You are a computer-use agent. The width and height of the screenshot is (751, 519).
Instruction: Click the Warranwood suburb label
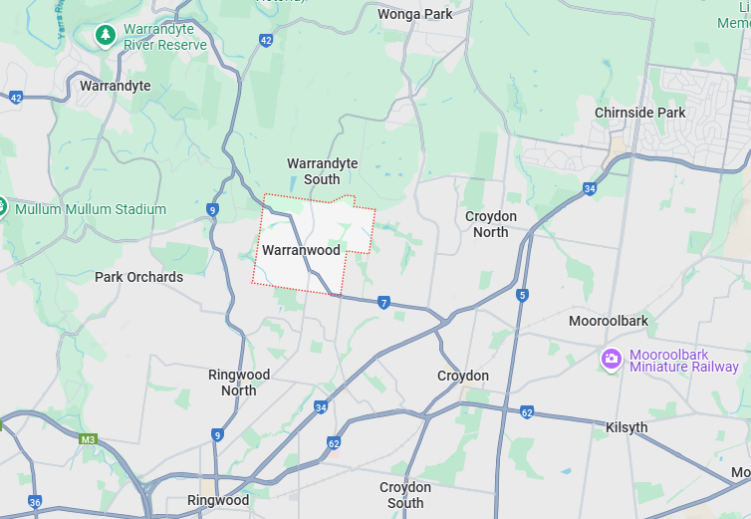coord(301,250)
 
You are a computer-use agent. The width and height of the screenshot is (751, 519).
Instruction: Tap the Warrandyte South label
coord(322,171)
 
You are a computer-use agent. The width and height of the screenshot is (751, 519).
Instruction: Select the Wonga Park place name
coord(415,14)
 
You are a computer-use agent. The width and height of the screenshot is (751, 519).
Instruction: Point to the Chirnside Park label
coord(640,113)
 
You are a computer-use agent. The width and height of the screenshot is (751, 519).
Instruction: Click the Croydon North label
coord(491,224)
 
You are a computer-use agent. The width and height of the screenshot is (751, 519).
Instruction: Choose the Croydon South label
coord(405,495)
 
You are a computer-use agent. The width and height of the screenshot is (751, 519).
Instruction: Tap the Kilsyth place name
coord(626,427)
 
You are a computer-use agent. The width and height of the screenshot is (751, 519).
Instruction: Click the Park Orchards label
coord(138,277)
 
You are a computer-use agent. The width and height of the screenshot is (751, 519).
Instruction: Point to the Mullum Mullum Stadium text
coord(90,209)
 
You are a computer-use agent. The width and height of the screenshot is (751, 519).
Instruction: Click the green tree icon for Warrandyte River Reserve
coord(105,36)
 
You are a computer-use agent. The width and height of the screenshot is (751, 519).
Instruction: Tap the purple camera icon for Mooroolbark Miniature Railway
coord(612,358)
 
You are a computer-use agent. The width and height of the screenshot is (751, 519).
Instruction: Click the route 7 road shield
coord(383,302)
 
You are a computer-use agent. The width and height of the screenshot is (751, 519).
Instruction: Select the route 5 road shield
coord(522,295)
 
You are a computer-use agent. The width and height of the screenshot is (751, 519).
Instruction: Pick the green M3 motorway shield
coord(88,438)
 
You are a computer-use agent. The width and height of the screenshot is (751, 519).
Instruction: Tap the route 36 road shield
coord(36,502)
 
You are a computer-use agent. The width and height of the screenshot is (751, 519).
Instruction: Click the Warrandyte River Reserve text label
coord(165,38)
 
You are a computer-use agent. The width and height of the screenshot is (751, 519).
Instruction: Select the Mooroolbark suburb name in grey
coord(609,321)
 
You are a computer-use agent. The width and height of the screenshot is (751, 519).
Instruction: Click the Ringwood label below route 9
coord(218,500)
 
